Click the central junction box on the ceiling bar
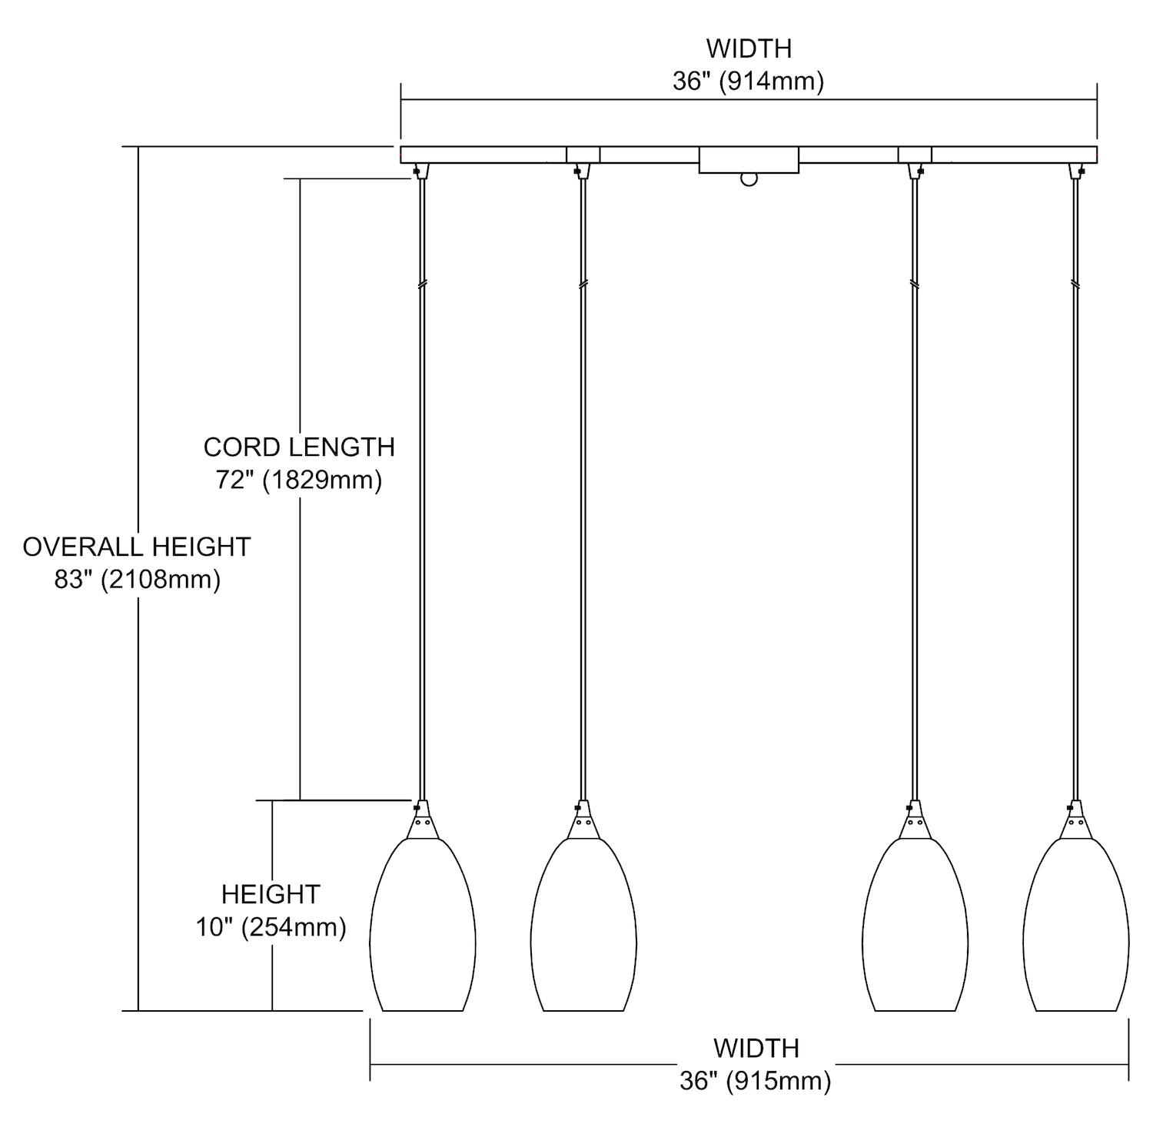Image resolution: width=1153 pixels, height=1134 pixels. [x=749, y=160]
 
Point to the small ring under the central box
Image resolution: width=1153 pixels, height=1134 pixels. [x=749, y=179]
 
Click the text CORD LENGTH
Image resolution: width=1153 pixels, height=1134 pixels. [x=299, y=447]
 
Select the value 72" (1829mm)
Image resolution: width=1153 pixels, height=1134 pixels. [x=299, y=481]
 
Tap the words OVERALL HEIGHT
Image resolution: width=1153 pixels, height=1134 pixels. [x=137, y=547]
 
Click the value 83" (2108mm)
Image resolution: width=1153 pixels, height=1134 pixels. [x=137, y=580]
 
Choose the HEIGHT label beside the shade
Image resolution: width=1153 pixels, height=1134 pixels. [x=271, y=894]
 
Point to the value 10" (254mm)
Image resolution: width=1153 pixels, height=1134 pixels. [x=271, y=927]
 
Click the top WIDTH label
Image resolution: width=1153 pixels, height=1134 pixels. [x=749, y=48]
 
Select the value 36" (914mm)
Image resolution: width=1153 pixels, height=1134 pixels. [x=749, y=81]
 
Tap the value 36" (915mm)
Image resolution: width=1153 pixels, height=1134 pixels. [x=756, y=1081]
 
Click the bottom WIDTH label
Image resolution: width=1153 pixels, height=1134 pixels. [x=756, y=1048]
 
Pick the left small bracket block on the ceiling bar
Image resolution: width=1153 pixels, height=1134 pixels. [x=583, y=155]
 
